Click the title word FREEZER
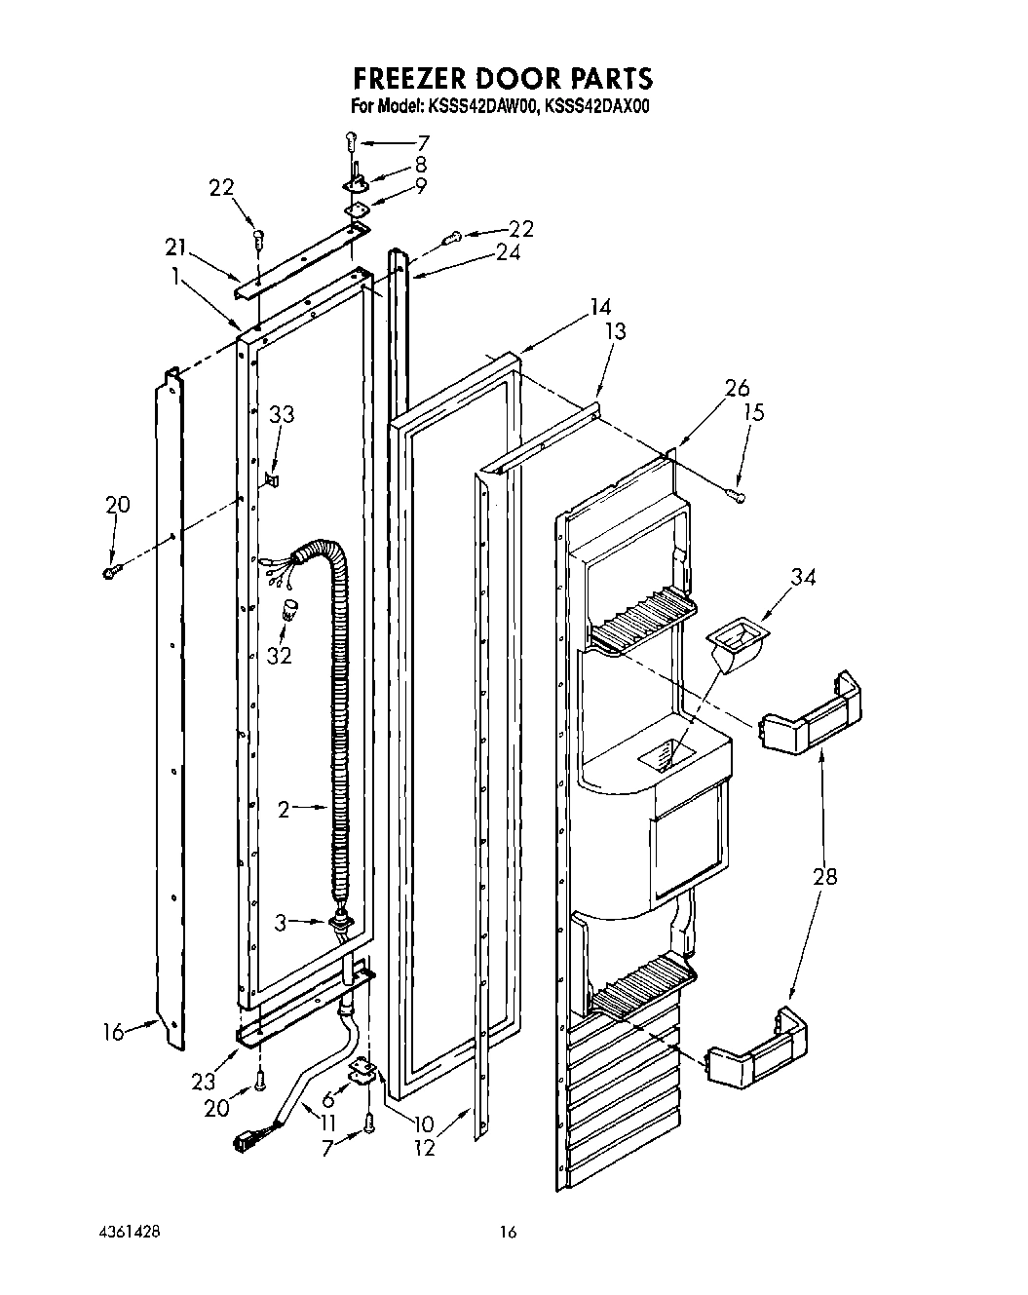pyautogui.click(x=410, y=77)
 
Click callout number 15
pyautogui.click(x=753, y=412)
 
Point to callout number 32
pyautogui.click(x=279, y=655)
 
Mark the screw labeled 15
pyautogui.click(x=737, y=497)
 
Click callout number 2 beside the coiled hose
pyautogui.click(x=284, y=808)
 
